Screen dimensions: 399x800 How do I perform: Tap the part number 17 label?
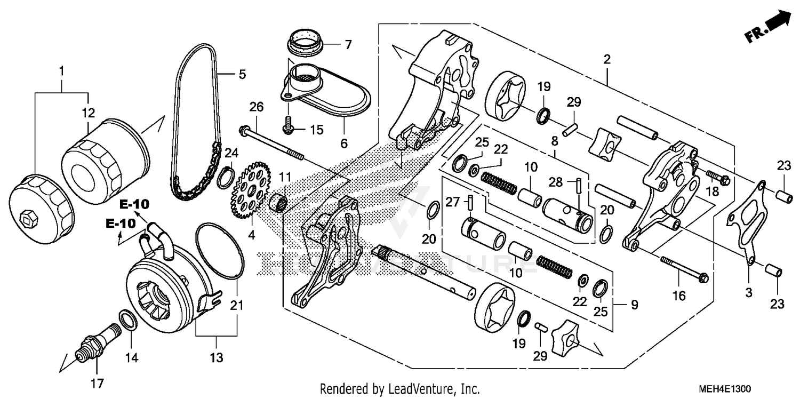click(98, 383)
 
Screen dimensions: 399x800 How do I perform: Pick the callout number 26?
click(257, 107)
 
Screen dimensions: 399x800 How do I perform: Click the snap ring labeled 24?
click(226, 177)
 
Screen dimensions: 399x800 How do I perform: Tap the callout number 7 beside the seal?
click(348, 45)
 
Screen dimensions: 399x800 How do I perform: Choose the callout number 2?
click(606, 60)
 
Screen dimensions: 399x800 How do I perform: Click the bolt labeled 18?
click(718, 177)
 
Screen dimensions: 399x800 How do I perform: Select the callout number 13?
click(216, 358)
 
